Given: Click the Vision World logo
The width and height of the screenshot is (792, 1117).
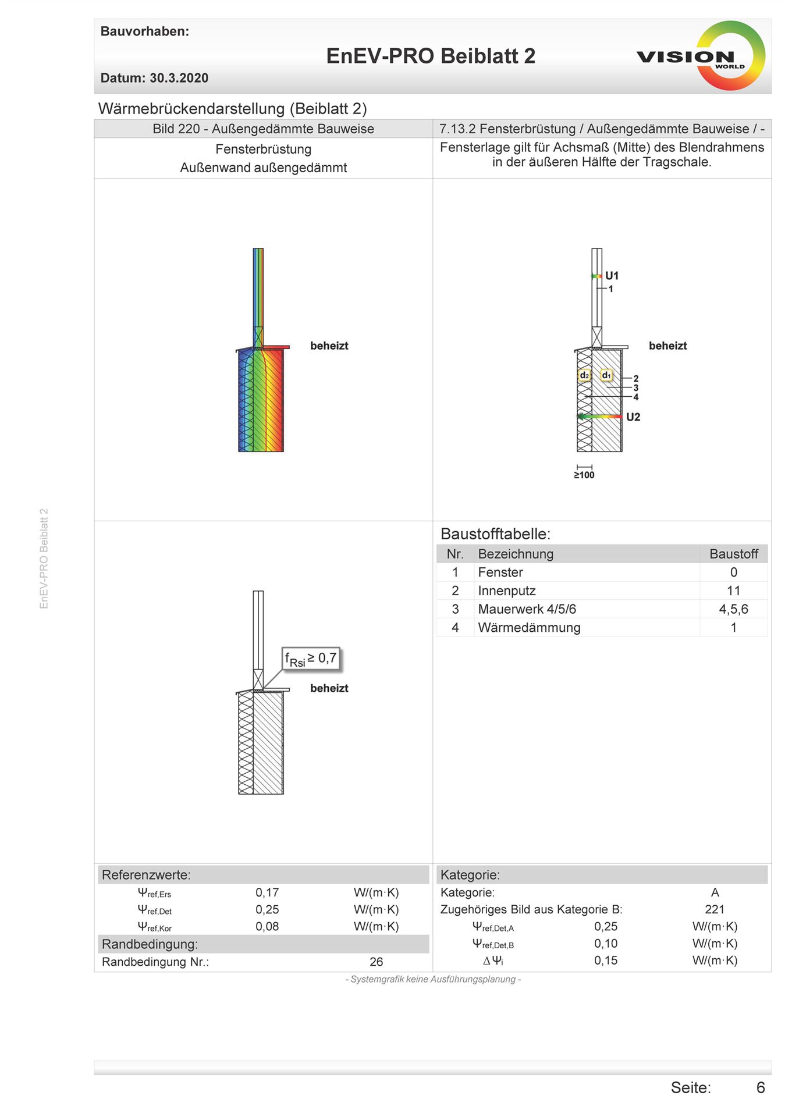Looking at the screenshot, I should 702,56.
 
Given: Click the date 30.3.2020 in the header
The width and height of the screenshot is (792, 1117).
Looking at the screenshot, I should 179,78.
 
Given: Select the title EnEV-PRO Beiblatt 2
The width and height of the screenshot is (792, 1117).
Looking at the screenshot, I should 430,56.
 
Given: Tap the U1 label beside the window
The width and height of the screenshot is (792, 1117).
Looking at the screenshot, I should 612,276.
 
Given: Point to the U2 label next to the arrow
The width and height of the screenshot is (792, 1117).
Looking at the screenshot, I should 633,417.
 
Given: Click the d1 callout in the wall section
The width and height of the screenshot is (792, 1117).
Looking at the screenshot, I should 606,375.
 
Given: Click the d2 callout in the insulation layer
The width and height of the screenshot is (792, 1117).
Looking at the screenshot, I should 584,375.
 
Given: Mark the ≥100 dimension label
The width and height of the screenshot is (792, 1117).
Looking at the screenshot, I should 584,475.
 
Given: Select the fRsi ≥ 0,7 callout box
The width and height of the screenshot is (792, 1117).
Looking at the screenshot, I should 311,659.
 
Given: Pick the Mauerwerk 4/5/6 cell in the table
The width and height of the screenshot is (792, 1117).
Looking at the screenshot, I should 527,609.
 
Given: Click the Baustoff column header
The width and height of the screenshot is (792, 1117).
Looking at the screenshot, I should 733,554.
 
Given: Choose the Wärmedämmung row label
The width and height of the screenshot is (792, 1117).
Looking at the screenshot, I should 529,628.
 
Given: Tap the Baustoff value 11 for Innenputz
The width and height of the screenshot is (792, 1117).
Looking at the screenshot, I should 733,591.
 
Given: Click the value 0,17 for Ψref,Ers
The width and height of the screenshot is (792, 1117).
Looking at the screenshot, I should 267,892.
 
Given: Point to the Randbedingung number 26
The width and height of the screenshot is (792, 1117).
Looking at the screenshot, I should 376,962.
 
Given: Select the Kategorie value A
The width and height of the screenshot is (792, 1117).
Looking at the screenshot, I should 715,892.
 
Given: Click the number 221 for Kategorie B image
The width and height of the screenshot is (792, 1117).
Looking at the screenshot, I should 715,909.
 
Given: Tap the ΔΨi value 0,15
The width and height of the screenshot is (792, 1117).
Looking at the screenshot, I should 606,961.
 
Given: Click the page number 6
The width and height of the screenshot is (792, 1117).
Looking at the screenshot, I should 760,1088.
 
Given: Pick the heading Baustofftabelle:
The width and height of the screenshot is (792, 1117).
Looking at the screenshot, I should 495,534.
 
